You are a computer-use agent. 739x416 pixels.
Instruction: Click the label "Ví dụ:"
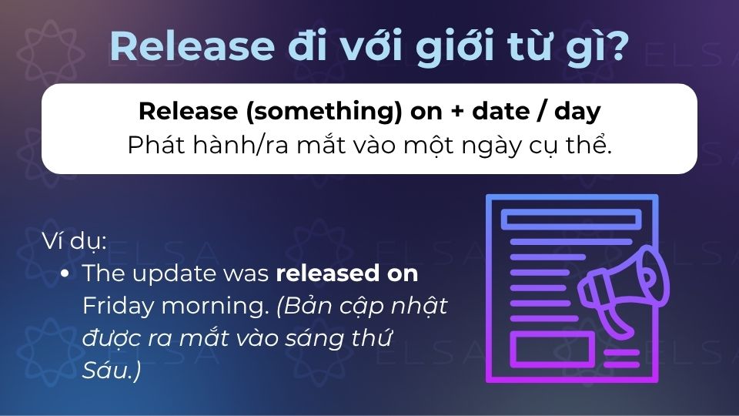75,241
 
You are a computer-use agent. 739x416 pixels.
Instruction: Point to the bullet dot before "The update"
66,273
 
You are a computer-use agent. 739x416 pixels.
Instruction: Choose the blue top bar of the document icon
570,220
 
